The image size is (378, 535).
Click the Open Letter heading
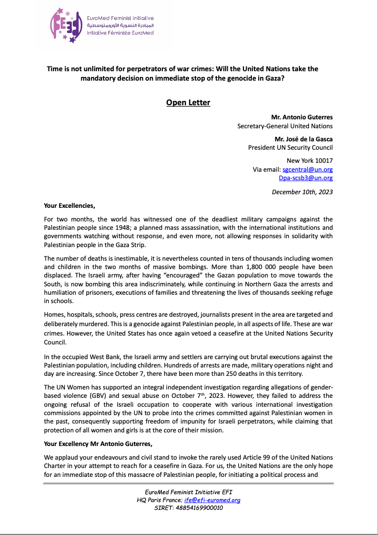[x=188, y=102]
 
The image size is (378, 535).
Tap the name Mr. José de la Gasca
[x=303, y=139]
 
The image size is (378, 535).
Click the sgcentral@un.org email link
[x=307, y=170]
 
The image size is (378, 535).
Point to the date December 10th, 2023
[x=302, y=192]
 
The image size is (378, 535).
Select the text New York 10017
[x=309, y=161]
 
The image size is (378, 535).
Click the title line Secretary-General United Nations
[x=285, y=126]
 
